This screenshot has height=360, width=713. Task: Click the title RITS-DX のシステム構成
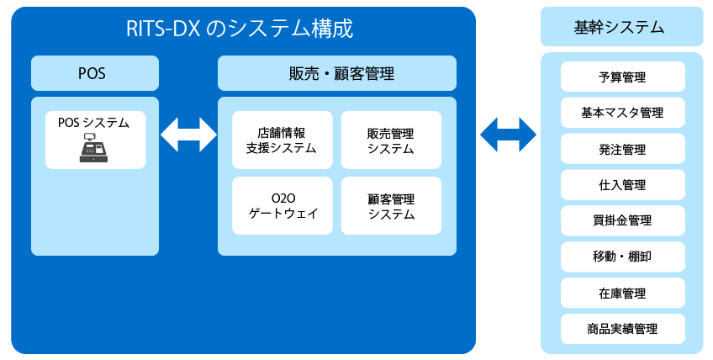point(240,29)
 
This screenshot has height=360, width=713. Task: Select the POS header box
point(94,73)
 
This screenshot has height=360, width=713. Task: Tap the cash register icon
point(93,148)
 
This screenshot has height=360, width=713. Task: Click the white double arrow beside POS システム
point(188,135)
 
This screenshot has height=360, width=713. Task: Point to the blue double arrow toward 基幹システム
point(509,135)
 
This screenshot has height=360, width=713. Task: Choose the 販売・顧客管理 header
point(337,73)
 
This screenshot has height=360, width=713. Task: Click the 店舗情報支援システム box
point(283,140)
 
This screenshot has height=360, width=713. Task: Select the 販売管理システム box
point(391,140)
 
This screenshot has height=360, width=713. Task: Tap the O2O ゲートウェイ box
point(283,206)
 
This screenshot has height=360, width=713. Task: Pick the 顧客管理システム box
point(391,206)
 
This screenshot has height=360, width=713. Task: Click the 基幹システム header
point(621,27)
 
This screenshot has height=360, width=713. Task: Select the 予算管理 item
point(622,77)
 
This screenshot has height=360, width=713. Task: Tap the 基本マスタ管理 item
point(622,113)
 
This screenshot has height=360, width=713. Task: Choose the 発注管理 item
point(622,149)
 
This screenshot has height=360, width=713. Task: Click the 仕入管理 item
point(622,185)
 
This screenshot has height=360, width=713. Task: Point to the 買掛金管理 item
point(622,220)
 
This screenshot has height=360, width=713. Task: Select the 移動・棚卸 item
point(622,257)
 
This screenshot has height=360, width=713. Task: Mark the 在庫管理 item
point(622,293)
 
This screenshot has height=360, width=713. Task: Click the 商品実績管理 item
point(622,329)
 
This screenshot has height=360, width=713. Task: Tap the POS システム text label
point(93,123)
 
